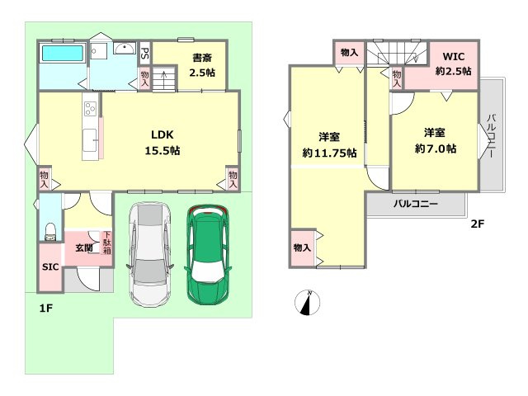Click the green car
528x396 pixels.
point(208,255)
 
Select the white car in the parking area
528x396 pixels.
point(150,255)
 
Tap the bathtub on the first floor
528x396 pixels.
point(63,53)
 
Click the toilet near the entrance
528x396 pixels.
point(50,232)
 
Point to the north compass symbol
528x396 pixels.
point(307,303)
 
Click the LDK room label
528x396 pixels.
point(163,134)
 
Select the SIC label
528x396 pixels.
point(50,267)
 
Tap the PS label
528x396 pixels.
point(145,53)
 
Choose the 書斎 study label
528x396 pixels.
point(202,58)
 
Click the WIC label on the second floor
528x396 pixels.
point(454,56)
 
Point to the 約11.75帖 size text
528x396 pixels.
point(329,153)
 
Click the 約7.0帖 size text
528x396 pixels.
point(436,148)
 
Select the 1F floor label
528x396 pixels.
point(46,308)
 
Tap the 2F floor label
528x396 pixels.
point(477,224)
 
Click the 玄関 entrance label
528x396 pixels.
point(84,248)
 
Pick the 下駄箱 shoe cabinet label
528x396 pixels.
point(107,243)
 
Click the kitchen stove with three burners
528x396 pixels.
point(90,108)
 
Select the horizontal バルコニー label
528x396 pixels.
point(416,204)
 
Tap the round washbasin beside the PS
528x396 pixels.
point(125,48)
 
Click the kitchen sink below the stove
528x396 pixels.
point(90,140)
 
